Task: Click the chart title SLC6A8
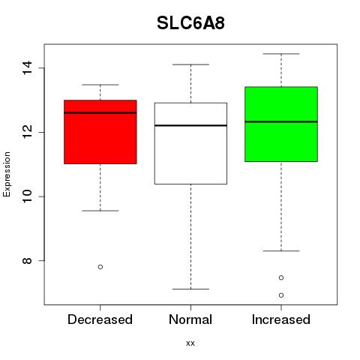190,23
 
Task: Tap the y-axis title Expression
7,174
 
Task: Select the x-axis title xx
190,343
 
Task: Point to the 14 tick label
27,67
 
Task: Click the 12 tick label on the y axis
27,132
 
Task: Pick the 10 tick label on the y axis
27,196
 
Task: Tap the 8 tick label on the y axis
27,260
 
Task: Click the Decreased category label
100,319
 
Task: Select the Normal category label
190,319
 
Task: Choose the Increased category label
281,319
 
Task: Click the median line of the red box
100,112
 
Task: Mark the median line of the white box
190,125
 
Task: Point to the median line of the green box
281,121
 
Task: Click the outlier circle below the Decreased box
100,267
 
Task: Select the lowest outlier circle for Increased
281,295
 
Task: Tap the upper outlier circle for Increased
281,277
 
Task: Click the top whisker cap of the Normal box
190,64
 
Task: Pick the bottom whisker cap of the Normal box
190,289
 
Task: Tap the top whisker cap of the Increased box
281,54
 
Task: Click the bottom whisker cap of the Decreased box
100,211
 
